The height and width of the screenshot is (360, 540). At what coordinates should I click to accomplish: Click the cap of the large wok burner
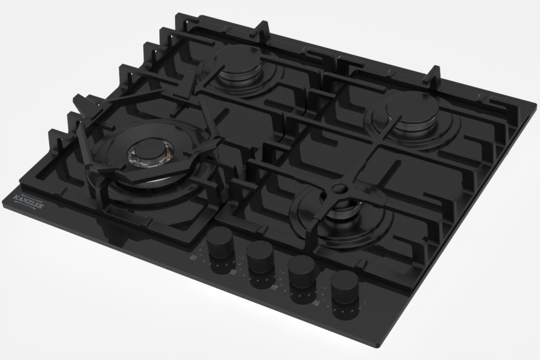[150, 150]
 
